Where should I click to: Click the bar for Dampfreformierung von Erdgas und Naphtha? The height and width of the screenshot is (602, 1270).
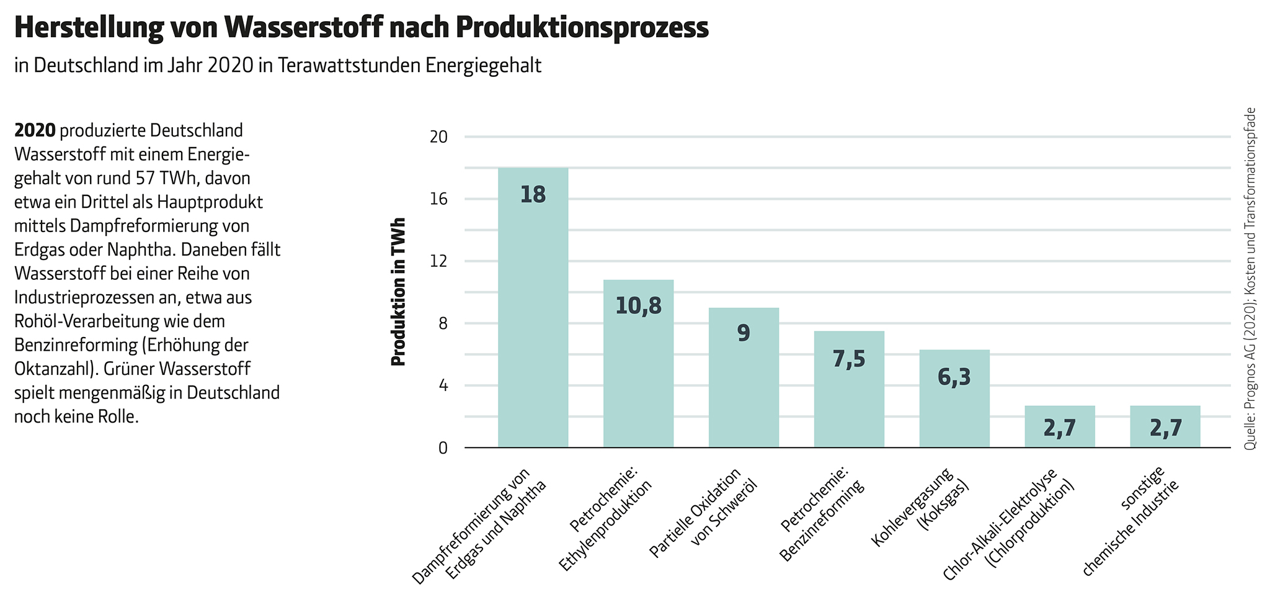tap(533, 310)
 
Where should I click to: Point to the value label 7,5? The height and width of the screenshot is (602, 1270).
tap(849, 359)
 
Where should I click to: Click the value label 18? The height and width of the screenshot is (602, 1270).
tap(533, 195)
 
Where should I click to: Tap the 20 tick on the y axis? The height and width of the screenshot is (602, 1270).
tap(438, 137)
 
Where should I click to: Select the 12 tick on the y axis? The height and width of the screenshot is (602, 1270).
tap(438, 261)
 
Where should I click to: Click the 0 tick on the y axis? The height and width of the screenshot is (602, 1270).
tap(443, 447)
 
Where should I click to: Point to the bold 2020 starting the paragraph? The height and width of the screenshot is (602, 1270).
tap(35, 131)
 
